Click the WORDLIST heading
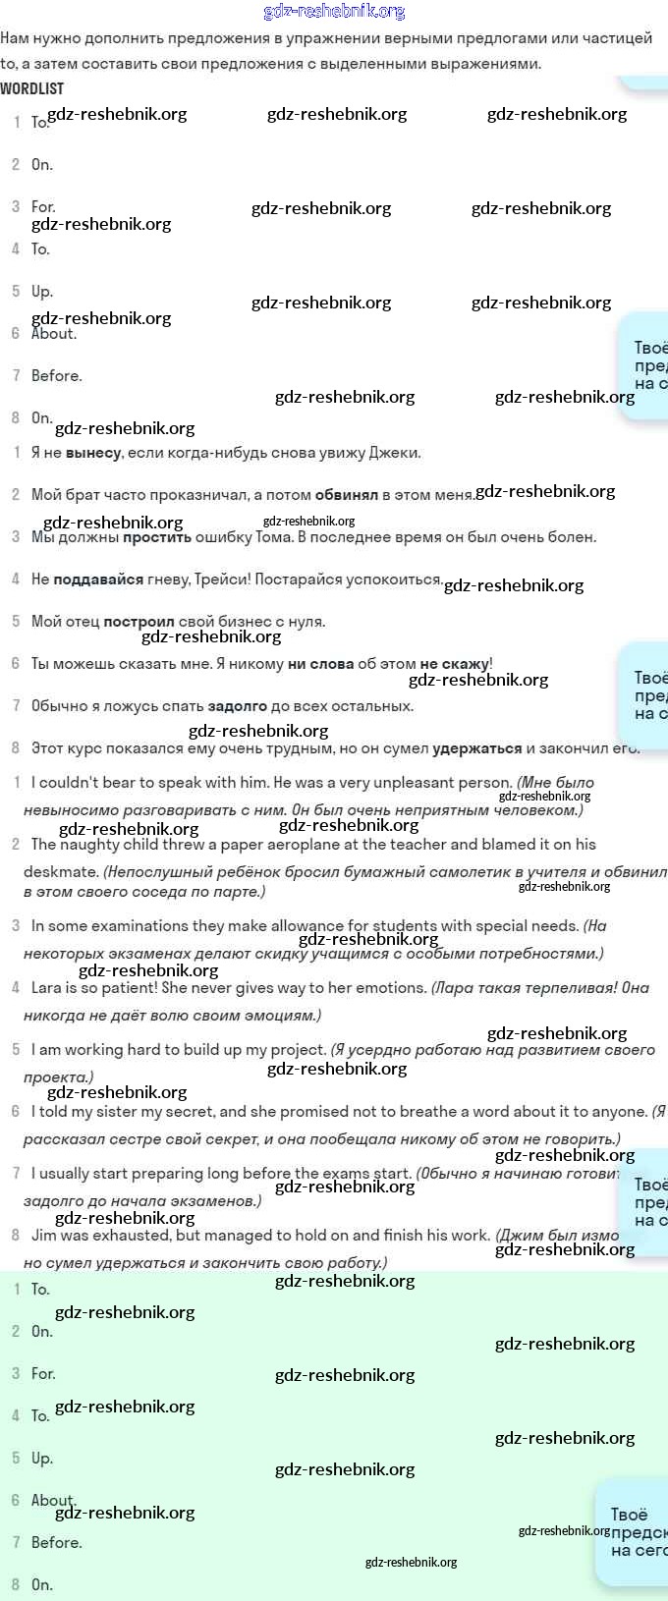[x=31, y=88]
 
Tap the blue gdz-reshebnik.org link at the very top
[x=334, y=11]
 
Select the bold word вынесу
[x=93, y=453]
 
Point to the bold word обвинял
[x=346, y=495]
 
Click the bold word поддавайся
[x=98, y=580]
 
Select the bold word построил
[x=139, y=622]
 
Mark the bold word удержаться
[x=476, y=748]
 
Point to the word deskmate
[x=60, y=871]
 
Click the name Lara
[x=46, y=988]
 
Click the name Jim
[x=43, y=1236]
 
